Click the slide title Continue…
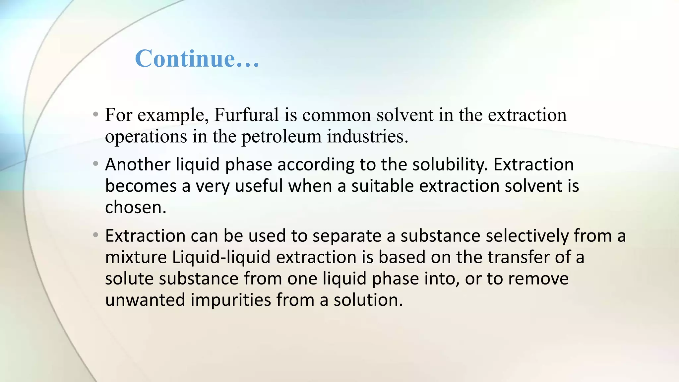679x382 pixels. point(197,58)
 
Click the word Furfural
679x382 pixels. point(246,115)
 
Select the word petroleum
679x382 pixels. point(281,137)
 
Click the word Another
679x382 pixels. point(138,164)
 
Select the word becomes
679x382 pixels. point(141,186)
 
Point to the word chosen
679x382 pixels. point(135,207)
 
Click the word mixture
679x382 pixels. point(136,257)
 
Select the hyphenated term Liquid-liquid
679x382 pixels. point(221,257)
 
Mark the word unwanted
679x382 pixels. point(145,300)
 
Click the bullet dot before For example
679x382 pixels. point(96,115)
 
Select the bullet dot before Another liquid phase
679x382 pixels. point(96,164)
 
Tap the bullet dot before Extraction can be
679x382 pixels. point(96,235)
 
